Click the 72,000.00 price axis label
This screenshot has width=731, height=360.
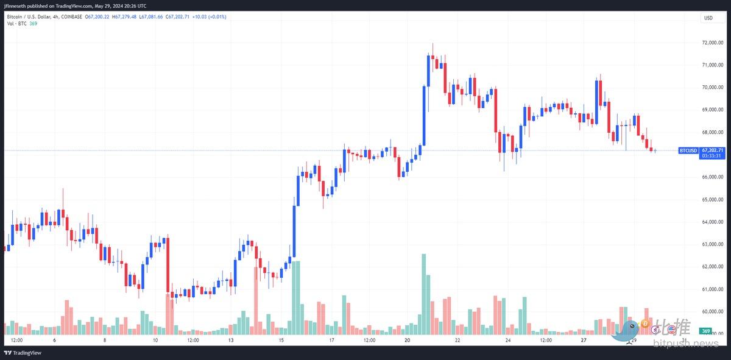pos(712,43)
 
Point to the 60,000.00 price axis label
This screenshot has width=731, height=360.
pos(712,311)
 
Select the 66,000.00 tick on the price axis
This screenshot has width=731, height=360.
pos(712,177)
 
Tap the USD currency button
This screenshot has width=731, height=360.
pos(708,18)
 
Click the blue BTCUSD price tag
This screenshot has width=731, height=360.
pos(688,150)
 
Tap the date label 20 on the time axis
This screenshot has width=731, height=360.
pos(407,341)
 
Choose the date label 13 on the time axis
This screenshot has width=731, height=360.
pos(231,341)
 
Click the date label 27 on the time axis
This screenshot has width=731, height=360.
pos(583,341)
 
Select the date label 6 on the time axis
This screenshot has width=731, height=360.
pos(54,341)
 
